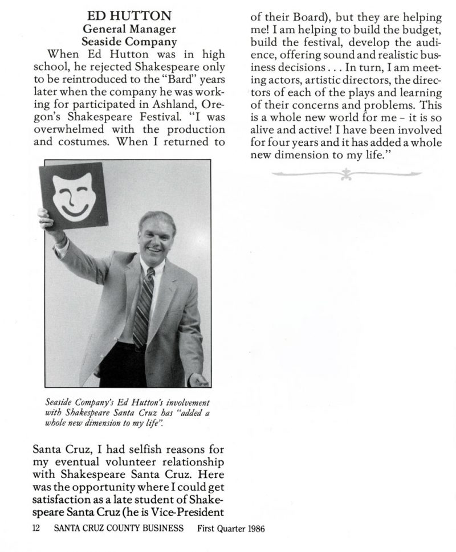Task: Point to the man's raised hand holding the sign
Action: pos(46,218)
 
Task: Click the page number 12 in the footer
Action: pos(38,528)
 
